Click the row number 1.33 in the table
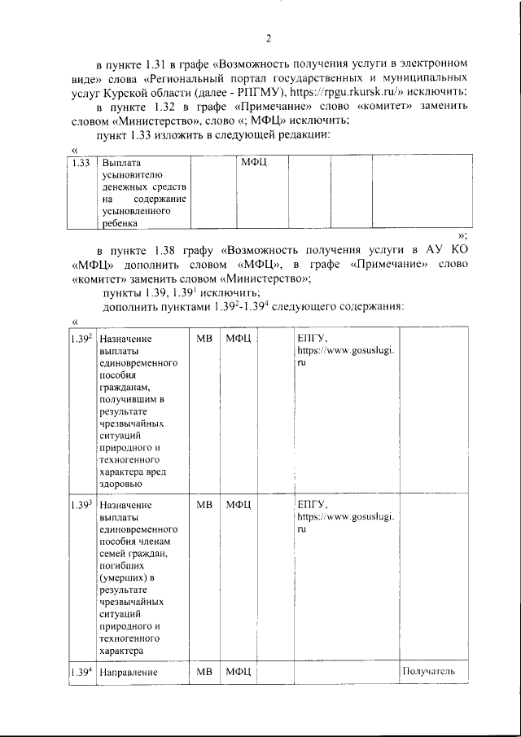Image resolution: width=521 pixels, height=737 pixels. pyautogui.click(x=80, y=163)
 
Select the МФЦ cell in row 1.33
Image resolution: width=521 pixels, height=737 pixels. pyautogui.click(x=254, y=163)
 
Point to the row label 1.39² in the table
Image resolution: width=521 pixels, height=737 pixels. pyautogui.click(x=80, y=337)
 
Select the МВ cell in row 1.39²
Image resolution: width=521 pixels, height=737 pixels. pyautogui.click(x=204, y=338)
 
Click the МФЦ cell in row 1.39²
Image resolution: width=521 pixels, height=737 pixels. pyautogui.click(x=239, y=338)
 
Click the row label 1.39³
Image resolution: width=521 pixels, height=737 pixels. pyautogui.click(x=80, y=505)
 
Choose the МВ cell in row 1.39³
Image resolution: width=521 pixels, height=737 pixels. pyautogui.click(x=204, y=505)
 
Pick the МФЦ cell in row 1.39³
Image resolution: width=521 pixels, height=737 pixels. pyautogui.click(x=239, y=505)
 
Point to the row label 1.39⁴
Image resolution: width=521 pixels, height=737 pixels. pyautogui.click(x=80, y=672)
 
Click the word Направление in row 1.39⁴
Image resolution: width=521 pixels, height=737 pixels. pyautogui.click(x=126, y=673)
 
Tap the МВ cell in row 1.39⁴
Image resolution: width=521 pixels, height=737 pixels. pyautogui.click(x=204, y=672)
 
